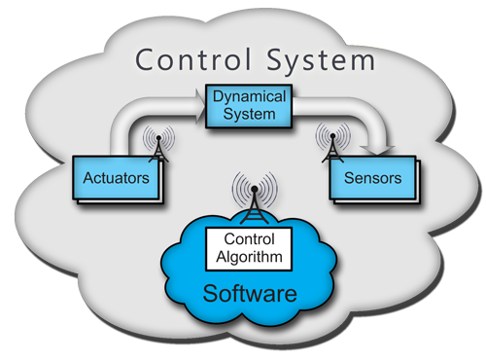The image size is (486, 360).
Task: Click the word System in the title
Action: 316,60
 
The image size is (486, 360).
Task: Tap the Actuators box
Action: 115,179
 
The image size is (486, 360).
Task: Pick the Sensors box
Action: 364,179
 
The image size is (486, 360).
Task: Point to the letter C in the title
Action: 145,59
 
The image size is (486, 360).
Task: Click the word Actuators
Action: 115,179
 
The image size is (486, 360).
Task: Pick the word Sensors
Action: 364,179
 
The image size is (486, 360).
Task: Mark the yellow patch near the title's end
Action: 365,44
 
